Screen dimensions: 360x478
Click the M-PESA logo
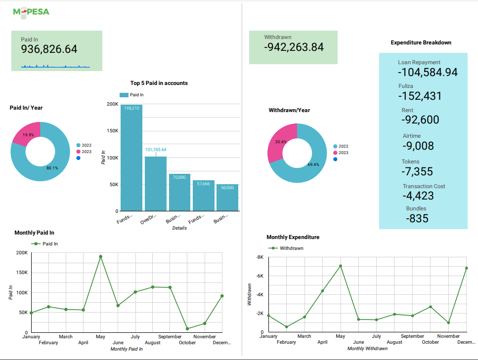point(31,11)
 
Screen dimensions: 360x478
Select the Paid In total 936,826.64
point(49,49)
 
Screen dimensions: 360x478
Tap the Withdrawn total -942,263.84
point(294,47)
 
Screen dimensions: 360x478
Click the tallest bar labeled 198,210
point(131,158)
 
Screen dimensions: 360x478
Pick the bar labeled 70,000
point(179,193)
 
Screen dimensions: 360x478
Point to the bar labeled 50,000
point(227,198)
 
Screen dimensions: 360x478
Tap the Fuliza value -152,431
point(420,96)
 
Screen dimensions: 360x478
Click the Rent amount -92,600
point(420,120)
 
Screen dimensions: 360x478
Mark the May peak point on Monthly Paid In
point(100,256)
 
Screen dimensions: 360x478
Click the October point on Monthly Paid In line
point(187,328)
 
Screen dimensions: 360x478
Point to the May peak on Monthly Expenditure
point(340,266)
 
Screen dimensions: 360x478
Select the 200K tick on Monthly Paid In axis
point(22,253)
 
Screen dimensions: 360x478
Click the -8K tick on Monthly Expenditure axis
point(260,257)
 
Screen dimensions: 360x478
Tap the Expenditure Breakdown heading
point(421,42)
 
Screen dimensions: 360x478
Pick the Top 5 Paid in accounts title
point(159,83)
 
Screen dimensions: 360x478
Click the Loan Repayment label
point(419,63)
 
